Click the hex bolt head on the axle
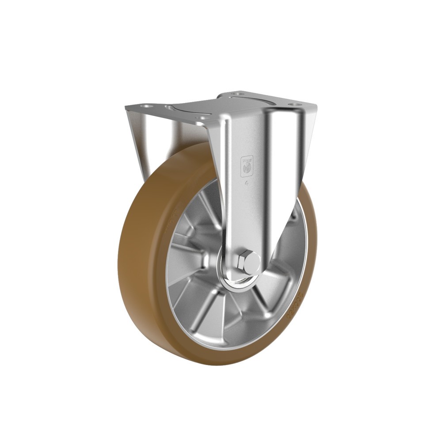tap(246, 261)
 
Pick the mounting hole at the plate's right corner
tap(291, 105)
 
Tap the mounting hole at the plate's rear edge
tap(234, 94)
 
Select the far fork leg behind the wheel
tap(137, 133)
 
